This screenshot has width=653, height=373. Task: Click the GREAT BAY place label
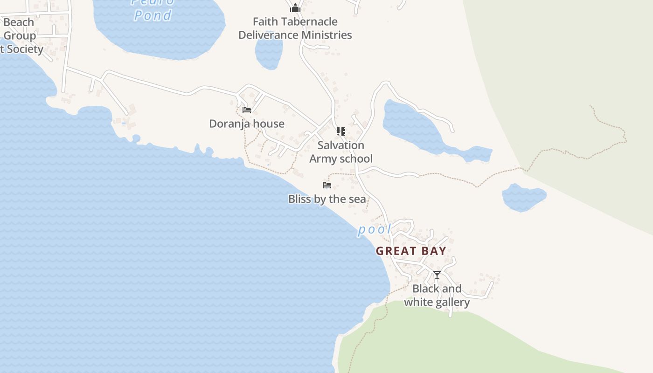(411, 251)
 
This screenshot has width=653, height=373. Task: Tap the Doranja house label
(246, 124)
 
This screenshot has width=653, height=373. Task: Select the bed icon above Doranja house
(247, 110)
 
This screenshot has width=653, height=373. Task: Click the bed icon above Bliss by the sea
(327, 185)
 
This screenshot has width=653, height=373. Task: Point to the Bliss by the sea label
(327, 199)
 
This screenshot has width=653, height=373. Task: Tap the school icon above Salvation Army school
(341, 131)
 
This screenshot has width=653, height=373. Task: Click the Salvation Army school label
(341, 152)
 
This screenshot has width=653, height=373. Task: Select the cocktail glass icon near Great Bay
(437, 275)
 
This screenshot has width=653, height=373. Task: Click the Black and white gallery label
(437, 296)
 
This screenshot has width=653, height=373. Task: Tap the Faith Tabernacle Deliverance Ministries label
(295, 28)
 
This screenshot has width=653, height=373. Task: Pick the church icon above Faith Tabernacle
(295, 8)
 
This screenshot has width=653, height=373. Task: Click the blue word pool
(375, 229)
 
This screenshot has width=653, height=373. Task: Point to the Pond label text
(153, 15)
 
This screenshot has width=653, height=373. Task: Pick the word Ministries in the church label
(326, 35)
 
